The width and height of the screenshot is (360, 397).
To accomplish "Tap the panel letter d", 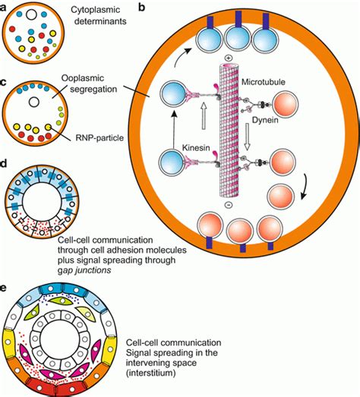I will (x=6, y=162).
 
